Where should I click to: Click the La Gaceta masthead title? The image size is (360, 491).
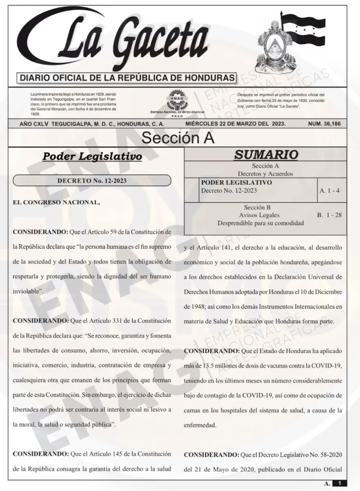pos(135,41)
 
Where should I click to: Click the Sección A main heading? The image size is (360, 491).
pos(178,138)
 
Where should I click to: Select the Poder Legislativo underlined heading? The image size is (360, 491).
pos(92,157)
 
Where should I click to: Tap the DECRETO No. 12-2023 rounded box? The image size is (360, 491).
pos(92,180)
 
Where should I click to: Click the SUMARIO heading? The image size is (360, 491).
pos(266,155)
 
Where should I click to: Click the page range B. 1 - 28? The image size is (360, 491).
pos(329,215)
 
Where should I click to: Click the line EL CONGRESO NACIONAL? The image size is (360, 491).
pos(56,202)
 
